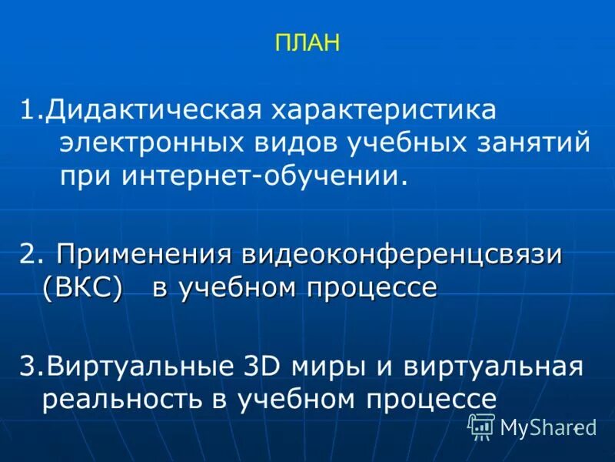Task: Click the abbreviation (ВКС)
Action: click(x=83, y=288)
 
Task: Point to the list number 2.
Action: click(x=28, y=255)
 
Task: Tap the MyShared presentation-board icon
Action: click(x=481, y=427)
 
